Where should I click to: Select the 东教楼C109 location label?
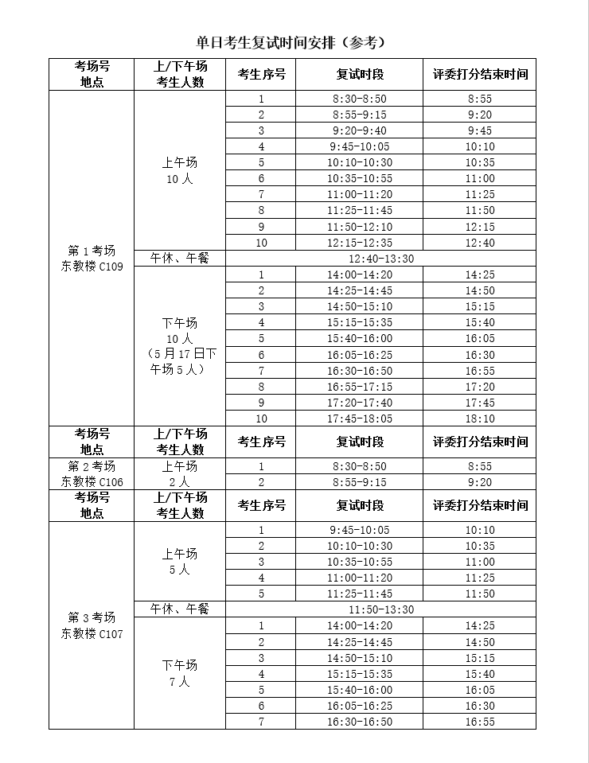92,267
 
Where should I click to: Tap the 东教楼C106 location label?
92,481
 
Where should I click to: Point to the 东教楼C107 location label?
92,634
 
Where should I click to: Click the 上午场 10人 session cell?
180,170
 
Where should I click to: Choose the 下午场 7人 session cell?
180,673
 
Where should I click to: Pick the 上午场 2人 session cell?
180,473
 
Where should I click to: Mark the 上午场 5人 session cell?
180,562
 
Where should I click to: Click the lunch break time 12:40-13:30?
381,259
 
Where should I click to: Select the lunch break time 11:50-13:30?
381,609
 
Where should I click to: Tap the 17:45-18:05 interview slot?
360,418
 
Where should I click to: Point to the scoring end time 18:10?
480,418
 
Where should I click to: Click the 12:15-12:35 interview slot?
360,243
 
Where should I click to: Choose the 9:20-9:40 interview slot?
360,130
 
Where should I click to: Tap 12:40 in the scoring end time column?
480,243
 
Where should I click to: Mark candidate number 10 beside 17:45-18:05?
261,418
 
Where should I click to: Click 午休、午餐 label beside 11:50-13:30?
180,609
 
